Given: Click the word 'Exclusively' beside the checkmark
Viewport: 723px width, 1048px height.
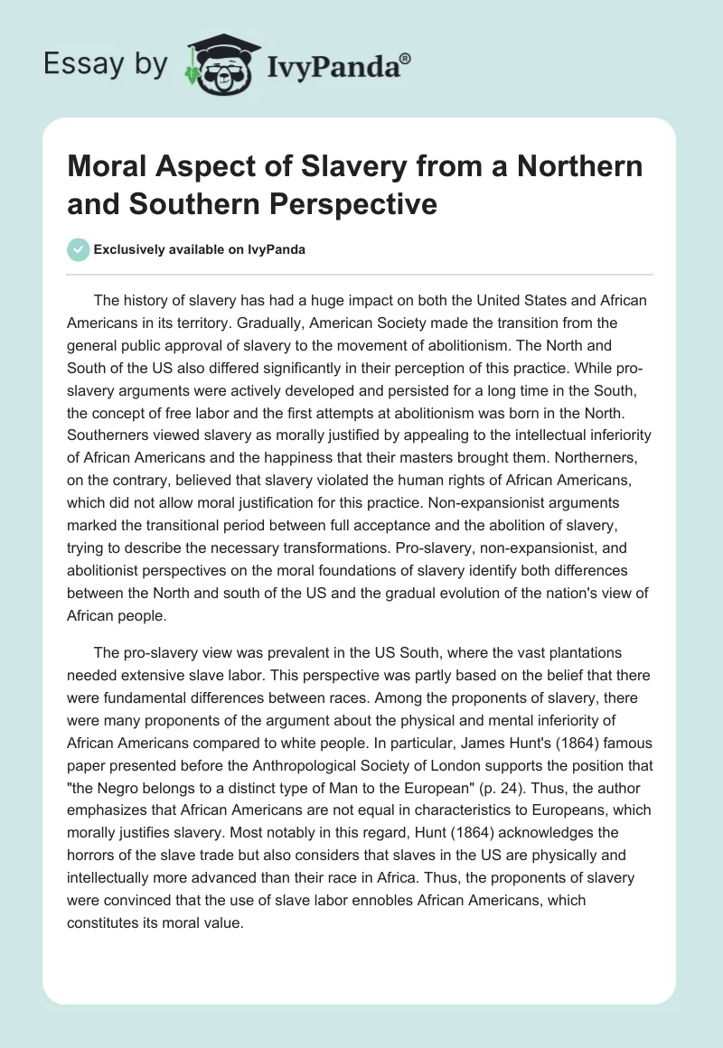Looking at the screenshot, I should point(126,249).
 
